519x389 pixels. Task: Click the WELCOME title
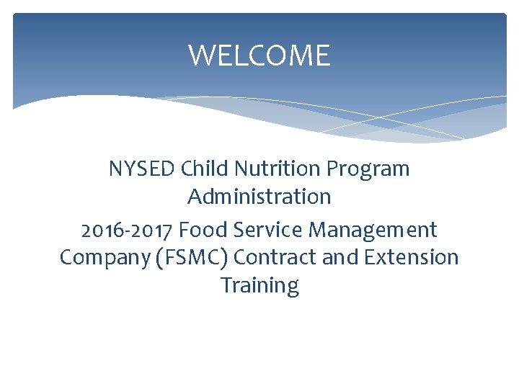click(259, 55)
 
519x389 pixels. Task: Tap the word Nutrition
click(275, 169)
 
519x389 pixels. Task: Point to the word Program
click(368, 170)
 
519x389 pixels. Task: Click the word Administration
click(259, 196)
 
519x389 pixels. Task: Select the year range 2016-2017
click(127, 230)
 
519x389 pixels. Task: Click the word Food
click(200, 230)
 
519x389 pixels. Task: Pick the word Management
click(373, 231)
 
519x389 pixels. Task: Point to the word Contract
click(276, 257)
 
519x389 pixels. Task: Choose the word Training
click(259, 286)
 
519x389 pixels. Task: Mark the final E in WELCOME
click(322, 55)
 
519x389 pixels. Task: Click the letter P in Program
click(332, 169)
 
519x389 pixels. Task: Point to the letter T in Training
click(226, 285)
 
